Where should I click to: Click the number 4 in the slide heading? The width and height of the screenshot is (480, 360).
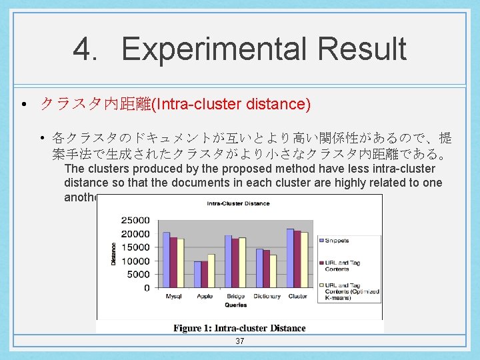click(x=85, y=49)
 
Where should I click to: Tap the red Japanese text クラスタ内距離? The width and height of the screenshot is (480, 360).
click(x=96, y=104)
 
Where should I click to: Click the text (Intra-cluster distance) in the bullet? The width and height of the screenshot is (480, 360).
click(x=231, y=104)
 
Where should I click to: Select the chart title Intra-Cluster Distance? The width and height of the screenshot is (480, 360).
click(x=238, y=203)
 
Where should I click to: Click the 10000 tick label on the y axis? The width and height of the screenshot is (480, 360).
click(x=137, y=261)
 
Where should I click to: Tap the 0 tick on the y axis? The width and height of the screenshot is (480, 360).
click(x=147, y=288)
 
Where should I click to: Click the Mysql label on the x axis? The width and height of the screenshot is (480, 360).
click(x=173, y=296)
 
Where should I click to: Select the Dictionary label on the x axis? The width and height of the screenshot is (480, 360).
click(x=267, y=296)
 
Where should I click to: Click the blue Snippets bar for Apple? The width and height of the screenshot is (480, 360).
click(x=197, y=274)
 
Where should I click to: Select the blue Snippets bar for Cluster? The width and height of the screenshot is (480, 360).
click(x=290, y=258)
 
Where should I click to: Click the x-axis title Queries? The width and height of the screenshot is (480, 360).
click(x=235, y=305)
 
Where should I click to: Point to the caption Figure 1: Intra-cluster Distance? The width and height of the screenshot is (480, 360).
click(x=239, y=328)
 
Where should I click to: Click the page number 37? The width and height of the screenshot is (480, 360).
click(x=240, y=341)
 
